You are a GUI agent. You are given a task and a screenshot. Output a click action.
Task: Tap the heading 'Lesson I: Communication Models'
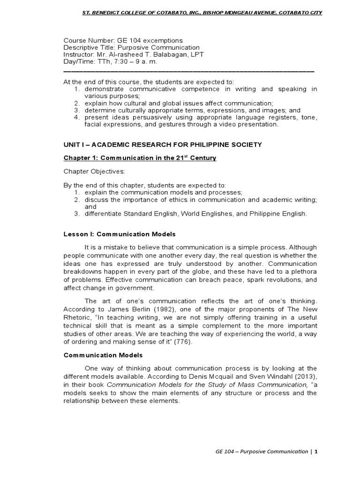pyautogui.click(x=120, y=234)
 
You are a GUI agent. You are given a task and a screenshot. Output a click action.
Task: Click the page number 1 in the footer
pyautogui.click(x=316, y=452)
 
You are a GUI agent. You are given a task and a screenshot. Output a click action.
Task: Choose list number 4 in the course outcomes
pyautogui.click(x=77, y=117)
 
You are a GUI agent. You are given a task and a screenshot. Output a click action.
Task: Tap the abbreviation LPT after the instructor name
pyautogui.click(x=196, y=54)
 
